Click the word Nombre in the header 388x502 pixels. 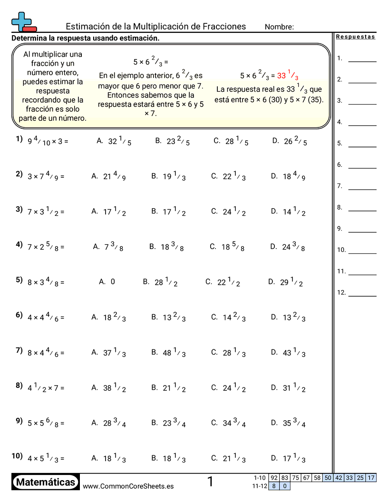tap(279, 27)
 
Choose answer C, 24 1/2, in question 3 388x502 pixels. tap(228, 212)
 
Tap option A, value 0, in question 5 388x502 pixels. tap(107, 282)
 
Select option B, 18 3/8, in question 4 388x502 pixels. tap(166, 247)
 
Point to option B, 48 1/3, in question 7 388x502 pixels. tap(168, 353)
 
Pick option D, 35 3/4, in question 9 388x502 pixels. tap(288, 423)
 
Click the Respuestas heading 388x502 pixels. tap(355, 37)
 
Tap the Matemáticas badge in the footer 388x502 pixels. tap(46, 483)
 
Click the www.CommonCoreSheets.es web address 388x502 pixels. tap(128, 486)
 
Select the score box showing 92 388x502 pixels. tap(274, 478)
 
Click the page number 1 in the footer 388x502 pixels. tap(210, 482)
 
